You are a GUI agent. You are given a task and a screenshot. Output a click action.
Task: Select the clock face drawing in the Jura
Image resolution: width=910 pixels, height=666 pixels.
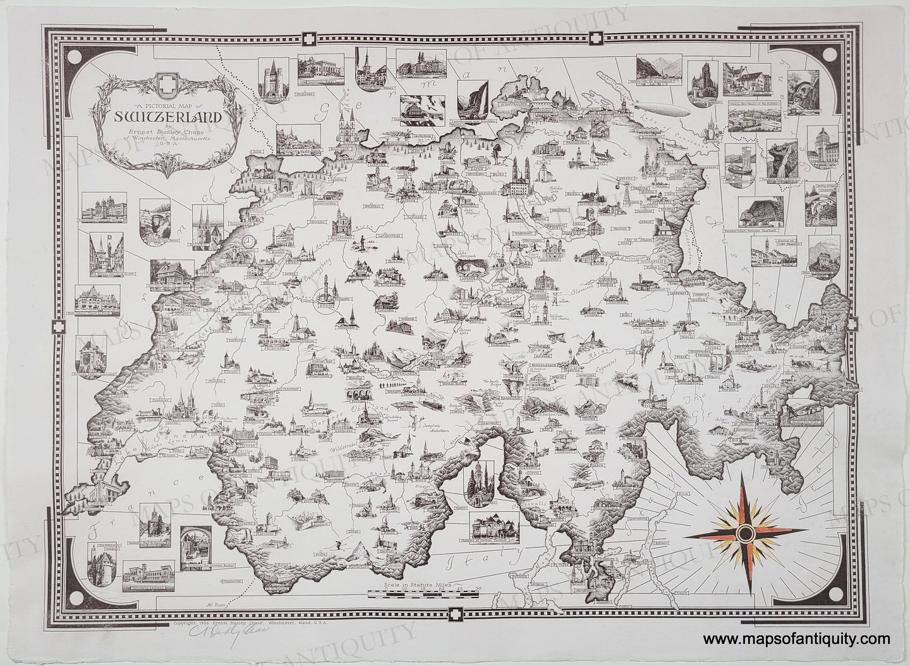tap(253, 241)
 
